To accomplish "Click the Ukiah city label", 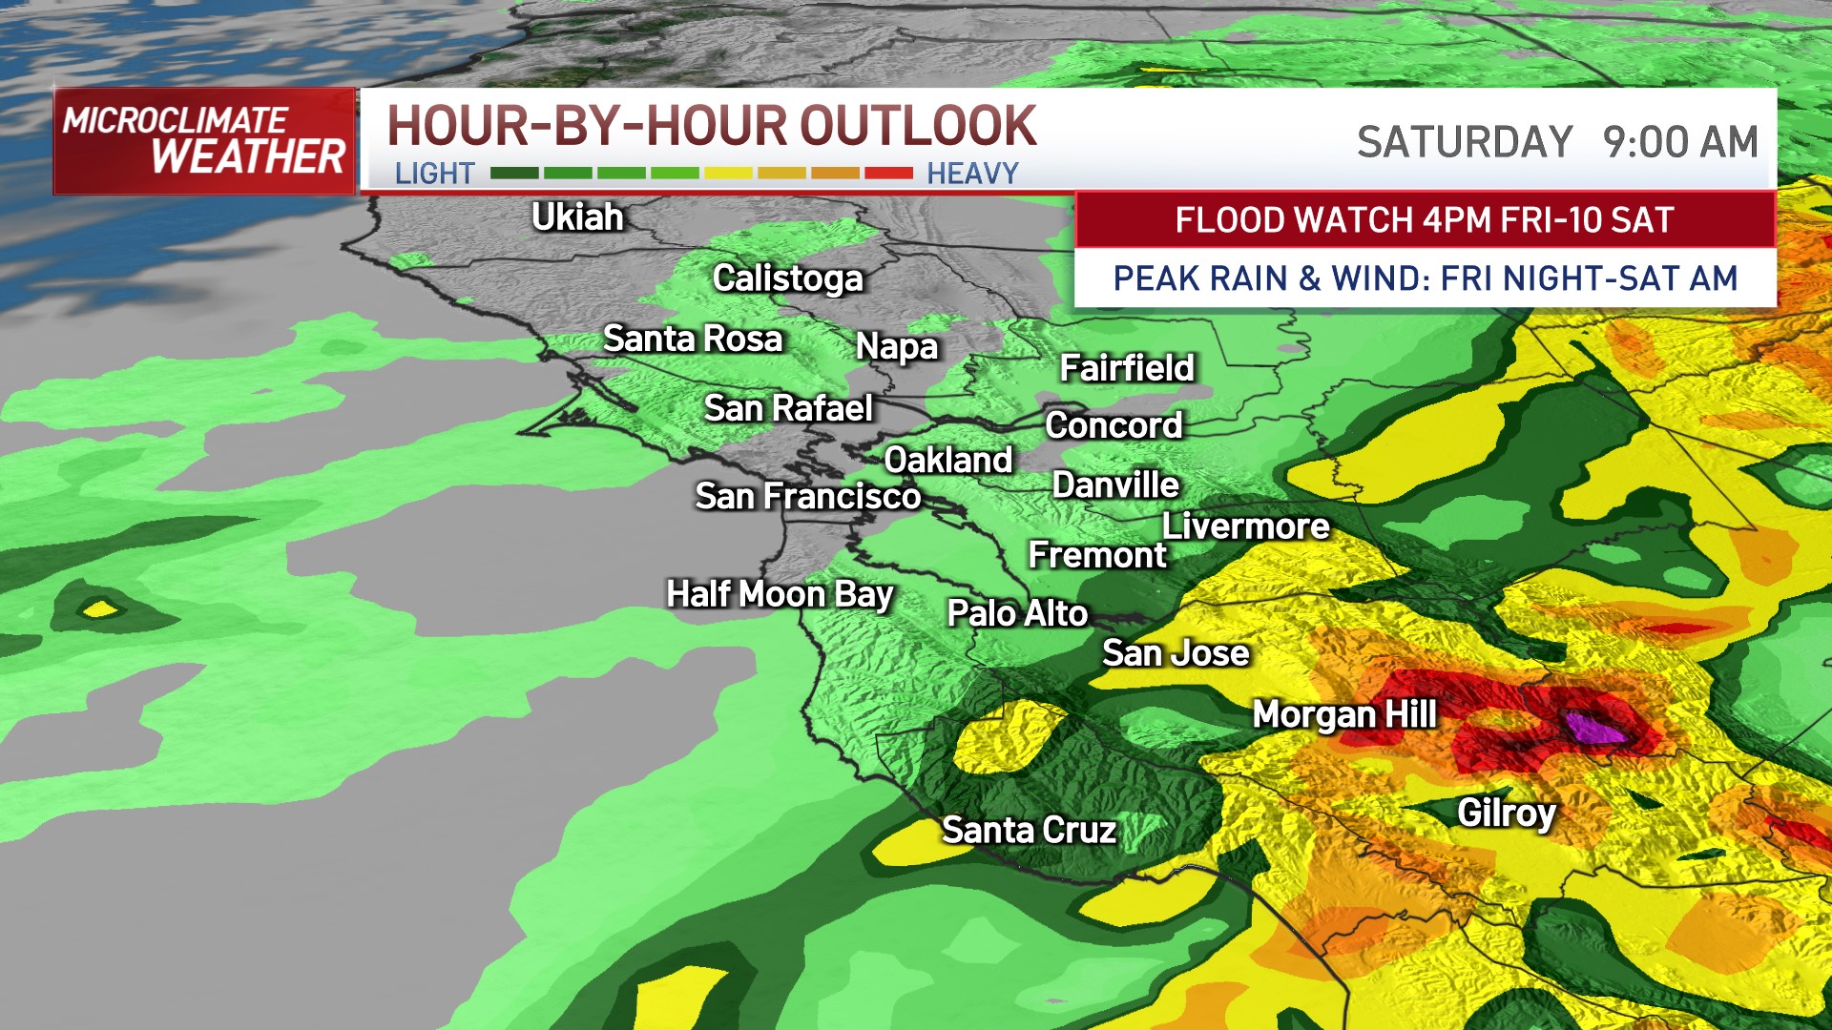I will [577, 217].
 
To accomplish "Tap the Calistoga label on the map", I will [787, 278].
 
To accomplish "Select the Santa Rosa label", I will [693, 339].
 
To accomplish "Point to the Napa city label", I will [897, 346].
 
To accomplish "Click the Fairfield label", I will [1127, 368].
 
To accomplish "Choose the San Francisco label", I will [807, 496].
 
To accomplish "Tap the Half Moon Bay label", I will [779, 594].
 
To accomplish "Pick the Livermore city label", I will [1245, 526].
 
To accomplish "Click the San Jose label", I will [1176, 653].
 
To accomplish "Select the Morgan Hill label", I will [1343, 714].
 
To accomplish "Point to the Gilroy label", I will [1507, 813].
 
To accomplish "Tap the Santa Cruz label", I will [1029, 830].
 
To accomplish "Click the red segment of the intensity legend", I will [888, 174].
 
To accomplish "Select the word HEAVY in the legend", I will [972, 174].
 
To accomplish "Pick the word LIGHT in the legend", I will [434, 174].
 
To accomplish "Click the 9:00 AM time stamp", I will [1679, 143].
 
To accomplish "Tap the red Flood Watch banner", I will [1424, 220].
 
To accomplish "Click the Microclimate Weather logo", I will [204, 141].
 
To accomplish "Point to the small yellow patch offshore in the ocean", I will [99, 608].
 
